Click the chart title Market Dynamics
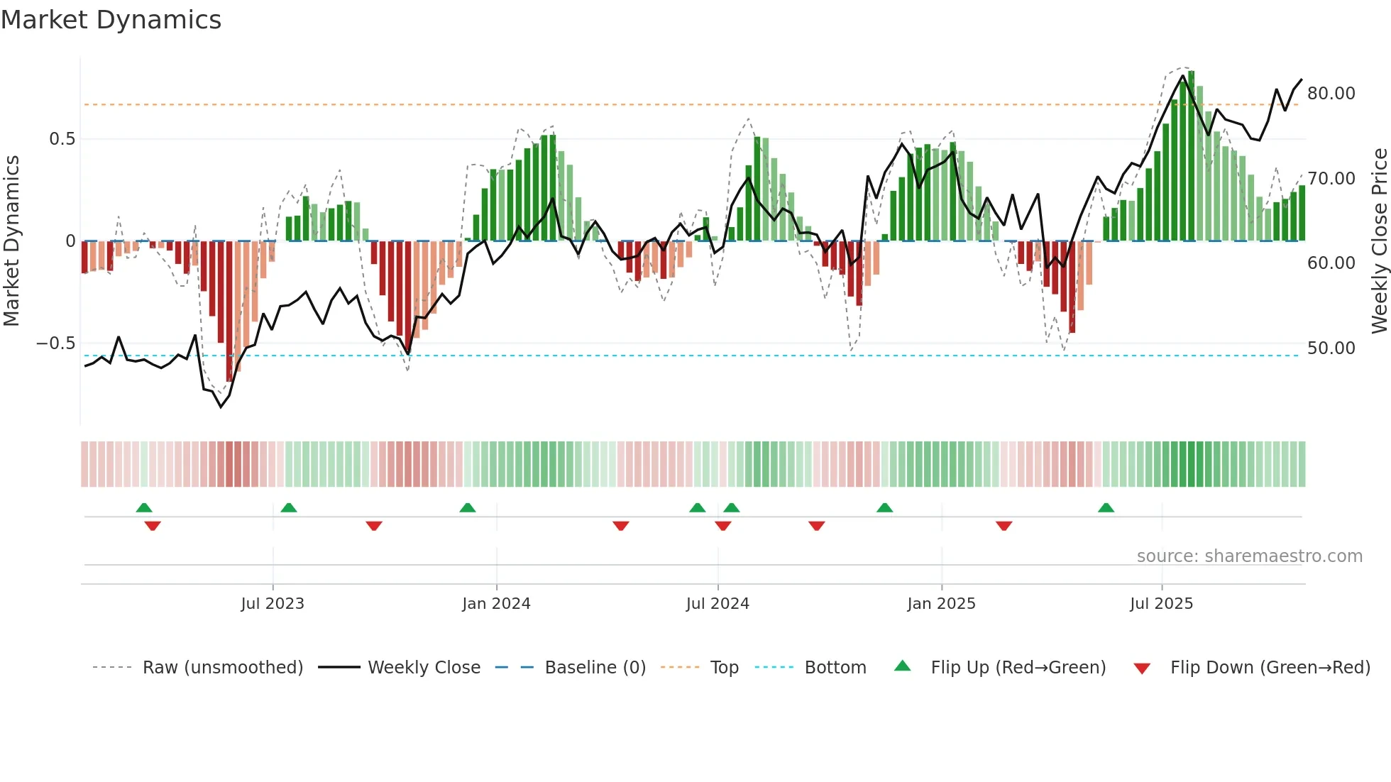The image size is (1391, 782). coord(111,20)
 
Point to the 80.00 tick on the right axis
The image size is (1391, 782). coord(1331,94)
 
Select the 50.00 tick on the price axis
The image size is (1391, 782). coord(1331,348)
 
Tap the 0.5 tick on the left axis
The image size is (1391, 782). coord(62,139)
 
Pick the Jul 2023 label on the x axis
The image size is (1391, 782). coord(273,604)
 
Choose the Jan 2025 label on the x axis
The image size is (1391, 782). coord(941,604)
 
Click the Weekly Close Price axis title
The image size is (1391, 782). coord(1379,241)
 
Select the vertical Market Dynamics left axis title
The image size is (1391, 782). coord(11,241)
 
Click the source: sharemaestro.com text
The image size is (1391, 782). coord(1249,556)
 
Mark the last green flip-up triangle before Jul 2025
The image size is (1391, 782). coord(1106,508)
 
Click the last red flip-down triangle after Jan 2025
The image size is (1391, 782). coord(1004,526)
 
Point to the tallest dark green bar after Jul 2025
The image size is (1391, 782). coord(1191,156)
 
